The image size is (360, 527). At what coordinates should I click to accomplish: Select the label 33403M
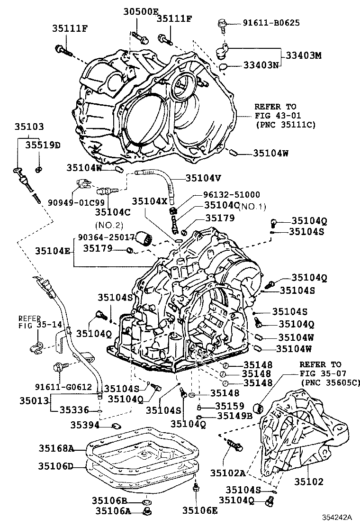pos(303,55)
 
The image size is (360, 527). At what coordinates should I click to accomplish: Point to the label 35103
pos(29,127)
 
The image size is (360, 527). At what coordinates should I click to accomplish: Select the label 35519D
pos(43,145)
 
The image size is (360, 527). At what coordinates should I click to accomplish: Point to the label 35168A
pos(56,448)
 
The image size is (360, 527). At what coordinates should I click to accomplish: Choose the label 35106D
pos(56,466)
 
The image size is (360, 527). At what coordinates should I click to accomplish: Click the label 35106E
pos(200,510)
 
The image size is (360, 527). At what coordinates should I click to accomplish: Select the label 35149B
pos(234,416)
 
